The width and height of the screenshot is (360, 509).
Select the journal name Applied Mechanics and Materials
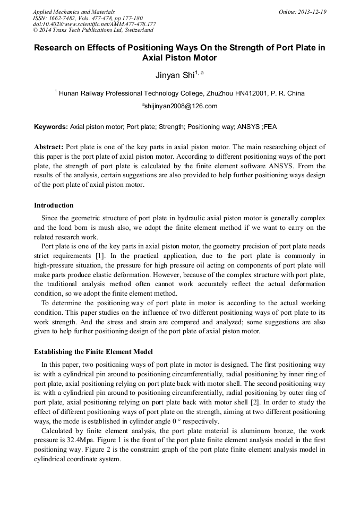(74, 11)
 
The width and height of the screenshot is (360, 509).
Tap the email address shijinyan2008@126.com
(181, 106)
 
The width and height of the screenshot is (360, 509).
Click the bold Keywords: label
(51, 127)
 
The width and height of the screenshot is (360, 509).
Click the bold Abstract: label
(49, 146)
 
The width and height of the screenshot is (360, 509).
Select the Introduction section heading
(54, 205)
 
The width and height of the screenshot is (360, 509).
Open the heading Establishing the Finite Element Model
(93, 352)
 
